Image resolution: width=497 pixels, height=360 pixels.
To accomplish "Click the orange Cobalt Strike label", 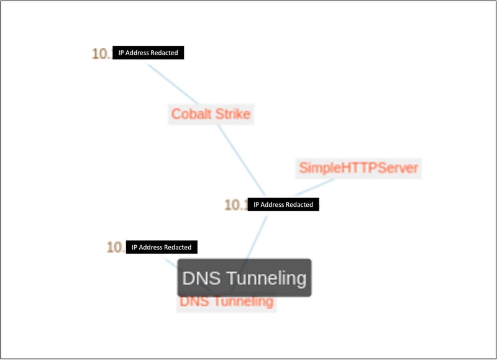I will tap(211, 114).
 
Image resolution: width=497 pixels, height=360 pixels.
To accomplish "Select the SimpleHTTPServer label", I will tap(358, 168).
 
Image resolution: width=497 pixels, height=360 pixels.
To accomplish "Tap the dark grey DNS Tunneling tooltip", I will tap(244, 278).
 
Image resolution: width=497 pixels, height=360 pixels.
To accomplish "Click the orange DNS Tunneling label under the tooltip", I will tap(226, 302).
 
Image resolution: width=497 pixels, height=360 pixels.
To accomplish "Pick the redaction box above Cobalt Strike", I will tap(148, 53).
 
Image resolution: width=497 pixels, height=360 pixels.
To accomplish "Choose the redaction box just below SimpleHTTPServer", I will tap(283, 204).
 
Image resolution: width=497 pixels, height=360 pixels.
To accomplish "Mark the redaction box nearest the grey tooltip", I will tap(162, 247).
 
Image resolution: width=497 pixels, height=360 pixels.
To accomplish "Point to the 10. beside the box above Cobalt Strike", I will tap(101, 53).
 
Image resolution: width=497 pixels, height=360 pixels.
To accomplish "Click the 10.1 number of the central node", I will tap(236, 205).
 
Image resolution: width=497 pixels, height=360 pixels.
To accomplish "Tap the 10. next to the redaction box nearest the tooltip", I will tap(116, 247).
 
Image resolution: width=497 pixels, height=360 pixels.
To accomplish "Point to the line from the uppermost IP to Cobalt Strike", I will tap(171, 83).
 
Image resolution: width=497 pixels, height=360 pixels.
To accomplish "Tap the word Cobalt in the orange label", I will tap(191, 114).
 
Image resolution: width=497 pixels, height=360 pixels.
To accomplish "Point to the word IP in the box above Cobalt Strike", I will tap(122, 53).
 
